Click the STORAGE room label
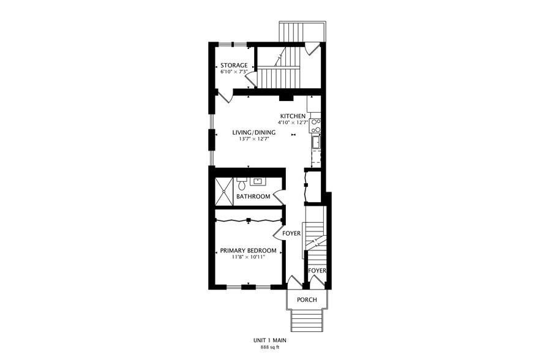tap(234, 66)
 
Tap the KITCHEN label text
tap(293, 116)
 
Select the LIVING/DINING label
tap(253, 132)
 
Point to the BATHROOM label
tap(253, 197)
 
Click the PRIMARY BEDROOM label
tap(248, 250)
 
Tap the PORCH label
tap(307, 300)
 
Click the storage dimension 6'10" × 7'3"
tap(234, 72)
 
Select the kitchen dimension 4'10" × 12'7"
tap(294, 123)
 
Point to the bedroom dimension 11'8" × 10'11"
tap(248, 257)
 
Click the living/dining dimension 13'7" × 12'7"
tap(253, 139)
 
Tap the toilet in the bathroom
tap(242, 183)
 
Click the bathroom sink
tap(257, 181)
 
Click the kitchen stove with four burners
tap(316, 126)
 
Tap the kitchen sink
tap(316, 143)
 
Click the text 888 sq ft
tap(270, 348)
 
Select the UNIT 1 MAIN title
tap(270, 340)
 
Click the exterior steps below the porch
tap(307, 319)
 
